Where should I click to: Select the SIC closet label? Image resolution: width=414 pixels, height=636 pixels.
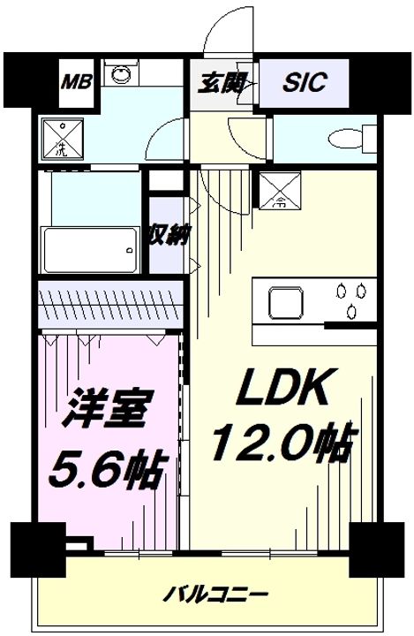coord(305,82)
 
